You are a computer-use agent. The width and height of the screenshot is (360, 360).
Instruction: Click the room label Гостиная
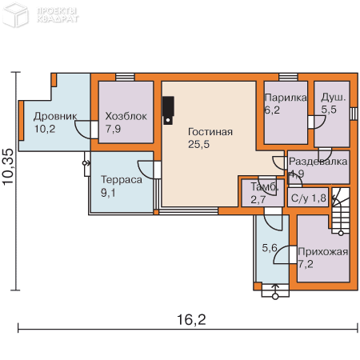click(x=210, y=132)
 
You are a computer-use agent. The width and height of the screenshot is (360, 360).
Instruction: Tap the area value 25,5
click(x=198, y=144)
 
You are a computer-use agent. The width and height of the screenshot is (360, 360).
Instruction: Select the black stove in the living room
click(x=168, y=110)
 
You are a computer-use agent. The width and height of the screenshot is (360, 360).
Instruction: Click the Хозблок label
click(x=126, y=116)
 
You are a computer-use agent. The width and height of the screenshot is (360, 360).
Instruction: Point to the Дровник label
click(x=55, y=117)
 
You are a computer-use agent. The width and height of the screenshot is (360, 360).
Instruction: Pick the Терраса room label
click(x=122, y=180)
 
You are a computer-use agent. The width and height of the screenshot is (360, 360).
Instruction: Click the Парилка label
click(x=286, y=98)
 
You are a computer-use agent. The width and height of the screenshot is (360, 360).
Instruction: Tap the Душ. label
click(x=333, y=98)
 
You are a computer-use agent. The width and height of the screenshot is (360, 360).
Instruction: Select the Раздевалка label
click(x=318, y=162)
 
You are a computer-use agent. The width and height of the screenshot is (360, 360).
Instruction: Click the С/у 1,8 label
click(x=309, y=198)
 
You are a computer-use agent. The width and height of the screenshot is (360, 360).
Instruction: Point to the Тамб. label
click(x=265, y=187)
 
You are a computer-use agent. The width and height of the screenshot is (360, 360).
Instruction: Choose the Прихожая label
click(x=323, y=252)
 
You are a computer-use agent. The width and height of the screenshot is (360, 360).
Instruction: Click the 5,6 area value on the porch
click(x=270, y=248)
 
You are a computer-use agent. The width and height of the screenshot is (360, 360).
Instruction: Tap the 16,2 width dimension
click(x=191, y=319)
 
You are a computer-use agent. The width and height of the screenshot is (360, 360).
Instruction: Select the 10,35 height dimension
click(x=8, y=166)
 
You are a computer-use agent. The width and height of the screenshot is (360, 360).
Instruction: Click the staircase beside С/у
click(x=341, y=211)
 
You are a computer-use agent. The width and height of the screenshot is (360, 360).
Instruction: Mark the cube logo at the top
click(x=15, y=14)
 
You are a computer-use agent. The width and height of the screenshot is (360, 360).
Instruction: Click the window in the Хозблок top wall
click(x=125, y=77)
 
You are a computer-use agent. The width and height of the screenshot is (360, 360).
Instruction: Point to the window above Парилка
click(x=288, y=77)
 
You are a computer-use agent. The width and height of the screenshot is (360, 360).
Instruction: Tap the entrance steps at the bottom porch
click(x=275, y=290)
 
